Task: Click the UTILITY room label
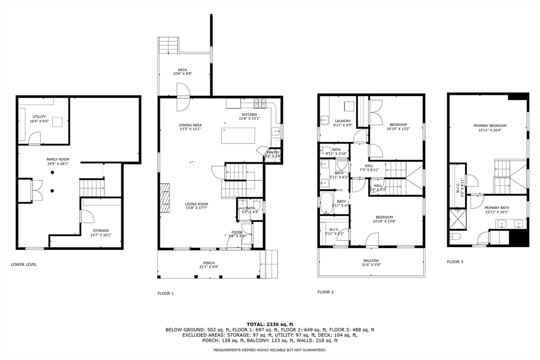click(x=39, y=116)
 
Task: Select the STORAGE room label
click(x=101, y=230)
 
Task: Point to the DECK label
click(x=182, y=70)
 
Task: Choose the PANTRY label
click(x=273, y=152)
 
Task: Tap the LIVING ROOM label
click(x=196, y=204)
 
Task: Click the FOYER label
click(x=237, y=232)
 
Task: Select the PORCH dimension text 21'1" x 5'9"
click(x=209, y=267)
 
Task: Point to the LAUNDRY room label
click(x=343, y=121)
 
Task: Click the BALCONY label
click(x=371, y=260)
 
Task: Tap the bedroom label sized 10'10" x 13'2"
click(x=398, y=124)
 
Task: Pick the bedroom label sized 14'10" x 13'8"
click(x=384, y=217)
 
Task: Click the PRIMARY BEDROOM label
click(x=489, y=125)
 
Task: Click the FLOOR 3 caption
click(x=455, y=261)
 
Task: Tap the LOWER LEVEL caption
click(x=24, y=264)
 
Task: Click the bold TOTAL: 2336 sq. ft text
click(x=269, y=324)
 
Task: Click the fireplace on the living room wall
click(x=165, y=198)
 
